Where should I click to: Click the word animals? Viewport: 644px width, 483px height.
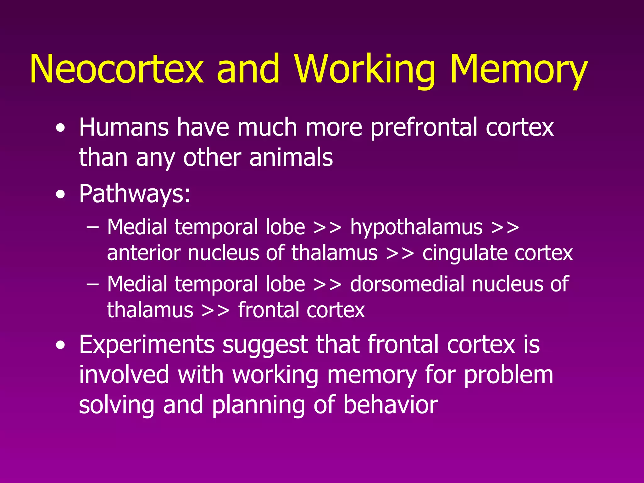pyautogui.click(x=291, y=157)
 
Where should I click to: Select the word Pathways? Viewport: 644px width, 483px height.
pyautogui.click(x=135, y=194)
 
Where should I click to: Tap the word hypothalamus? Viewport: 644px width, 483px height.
pyautogui.click(x=416, y=227)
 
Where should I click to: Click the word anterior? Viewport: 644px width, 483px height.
pyautogui.click(x=143, y=253)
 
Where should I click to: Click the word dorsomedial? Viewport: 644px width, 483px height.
pyautogui.click(x=407, y=284)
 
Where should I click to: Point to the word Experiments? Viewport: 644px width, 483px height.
pyautogui.click(x=147, y=345)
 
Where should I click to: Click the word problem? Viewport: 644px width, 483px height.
pyautogui.click(x=508, y=375)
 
